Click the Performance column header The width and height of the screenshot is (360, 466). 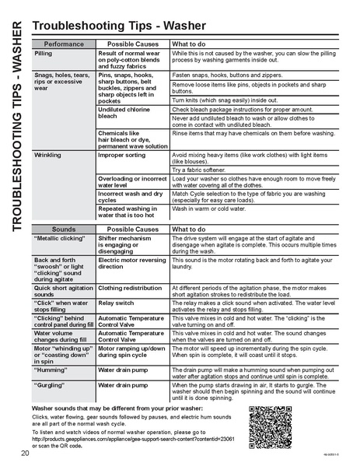click(64, 44)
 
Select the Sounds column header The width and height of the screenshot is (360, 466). click(64, 230)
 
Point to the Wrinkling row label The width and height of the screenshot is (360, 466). click(48, 156)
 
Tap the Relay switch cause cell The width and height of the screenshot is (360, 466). click(116, 302)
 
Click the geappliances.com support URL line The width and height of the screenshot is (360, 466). click(135, 439)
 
